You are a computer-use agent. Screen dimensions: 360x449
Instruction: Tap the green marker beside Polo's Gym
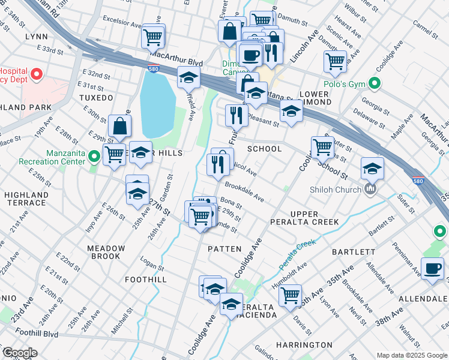pos(376,83)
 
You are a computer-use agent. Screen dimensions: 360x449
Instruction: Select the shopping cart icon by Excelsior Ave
pos(153,37)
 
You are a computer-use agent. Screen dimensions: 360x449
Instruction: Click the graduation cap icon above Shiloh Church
pos(372,169)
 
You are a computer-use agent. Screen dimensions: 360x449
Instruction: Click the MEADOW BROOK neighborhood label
pos(106,253)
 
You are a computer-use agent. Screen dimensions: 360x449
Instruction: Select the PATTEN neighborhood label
pos(224,248)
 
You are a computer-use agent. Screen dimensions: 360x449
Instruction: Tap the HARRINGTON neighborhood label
pos(304,345)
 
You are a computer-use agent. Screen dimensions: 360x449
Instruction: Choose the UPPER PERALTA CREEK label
pos(315,218)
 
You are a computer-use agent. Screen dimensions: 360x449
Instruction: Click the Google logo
pos(20,353)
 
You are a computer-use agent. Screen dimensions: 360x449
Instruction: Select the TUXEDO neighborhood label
pos(96,97)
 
